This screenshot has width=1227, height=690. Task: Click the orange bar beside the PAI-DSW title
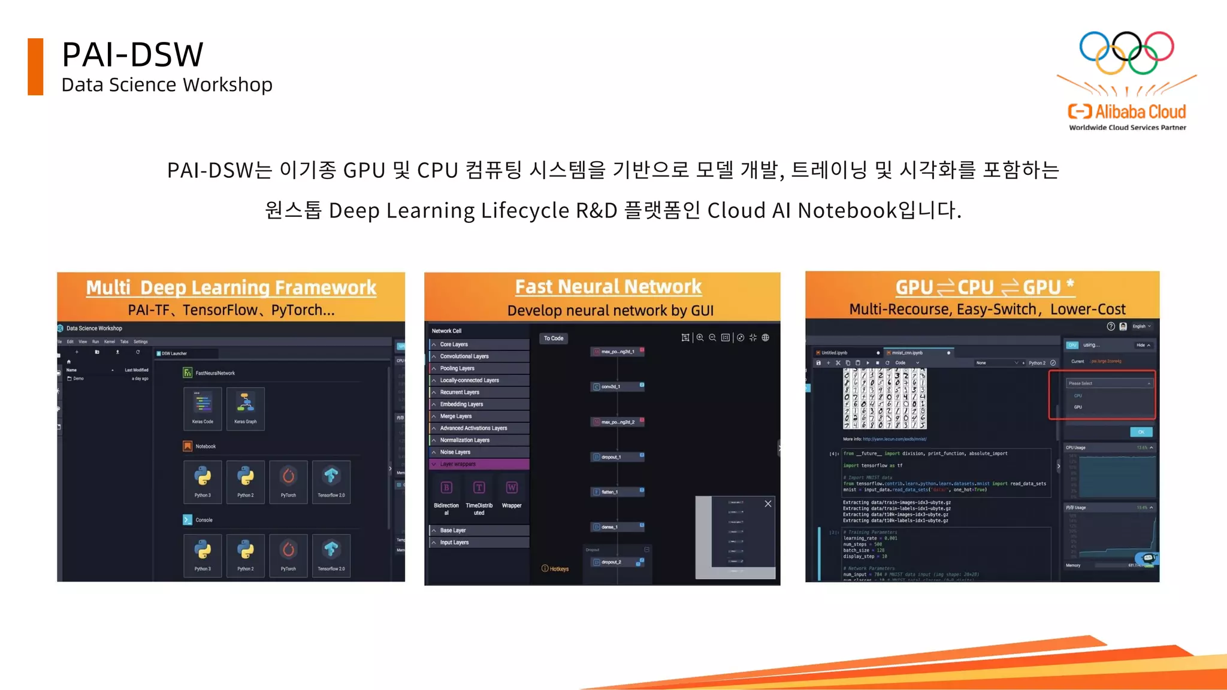35,66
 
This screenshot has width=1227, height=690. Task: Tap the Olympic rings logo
1126,53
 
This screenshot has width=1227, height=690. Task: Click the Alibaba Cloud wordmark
1140,112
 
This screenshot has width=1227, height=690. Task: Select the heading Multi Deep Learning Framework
231,287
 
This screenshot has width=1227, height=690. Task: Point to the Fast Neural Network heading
608,287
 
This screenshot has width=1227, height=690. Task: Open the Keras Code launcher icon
203,404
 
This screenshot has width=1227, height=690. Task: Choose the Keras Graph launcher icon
246,404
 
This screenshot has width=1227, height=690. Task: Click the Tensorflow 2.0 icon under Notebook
331,478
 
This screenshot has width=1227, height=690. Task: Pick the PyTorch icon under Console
288,552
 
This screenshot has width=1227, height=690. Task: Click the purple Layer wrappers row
479,464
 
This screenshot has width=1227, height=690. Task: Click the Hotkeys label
555,568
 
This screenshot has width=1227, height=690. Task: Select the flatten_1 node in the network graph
617,492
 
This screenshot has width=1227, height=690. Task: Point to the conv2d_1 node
617,386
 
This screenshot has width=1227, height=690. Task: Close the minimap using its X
767,504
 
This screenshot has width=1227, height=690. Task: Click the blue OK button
1141,432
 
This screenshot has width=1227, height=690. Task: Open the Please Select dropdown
1108,383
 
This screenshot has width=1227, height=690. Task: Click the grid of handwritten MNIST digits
884,398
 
